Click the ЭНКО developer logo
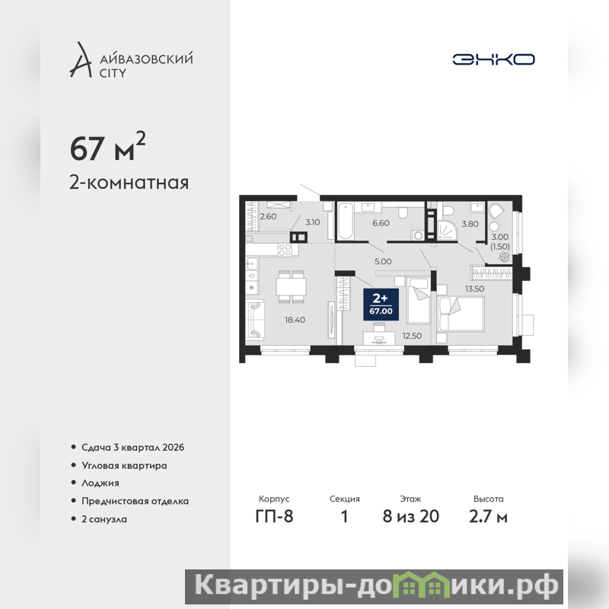pyautogui.click(x=493, y=59)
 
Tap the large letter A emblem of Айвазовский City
pyautogui.click(x=81, y=59)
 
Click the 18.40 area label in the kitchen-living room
pyautogui.click(x=295, y=320)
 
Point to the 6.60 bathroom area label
pyautogui.click(x=381, y=223)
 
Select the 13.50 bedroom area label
pyautogui.click(x=474, y=289)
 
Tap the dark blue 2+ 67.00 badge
pyautogui.click(x=381, y=304)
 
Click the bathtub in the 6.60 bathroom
pyautogui.click(x=346, y=221)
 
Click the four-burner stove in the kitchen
pyautogui.click(x=285, y=250)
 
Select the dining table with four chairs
pyautogui.click(x=291, y=286)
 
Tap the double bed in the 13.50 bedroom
pyautogui.click(x=461, y=314)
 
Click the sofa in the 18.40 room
pyautogui.click(x=255, y=320)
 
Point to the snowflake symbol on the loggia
pyautogui.click(x=504, y=257)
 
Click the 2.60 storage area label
pyautogui.click(x=269, y=216)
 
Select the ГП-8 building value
pyautogui.click(x=274, y=516)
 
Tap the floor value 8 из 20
pyautogui.click(x=411, y=516)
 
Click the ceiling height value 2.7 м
pyautogui.click(x=488, y=516)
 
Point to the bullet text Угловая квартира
pyautogui.click(x=124, y=465)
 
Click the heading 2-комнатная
pyautogui.click(x=129, y=182)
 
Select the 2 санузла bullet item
pyautogui.click(x=104, y=519)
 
